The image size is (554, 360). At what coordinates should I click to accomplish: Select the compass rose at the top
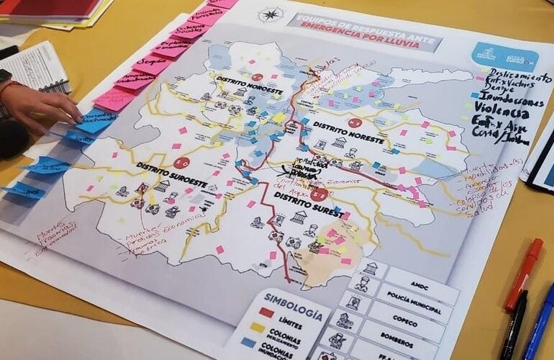click(x=271, y=14)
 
